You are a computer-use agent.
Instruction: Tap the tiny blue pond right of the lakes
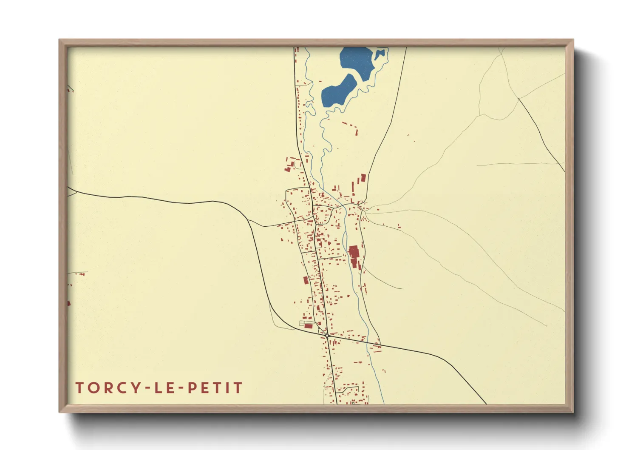pos(380,54)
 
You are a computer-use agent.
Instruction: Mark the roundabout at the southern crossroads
pos(327,336)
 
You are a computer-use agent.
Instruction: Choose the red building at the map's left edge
pos(69,303)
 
